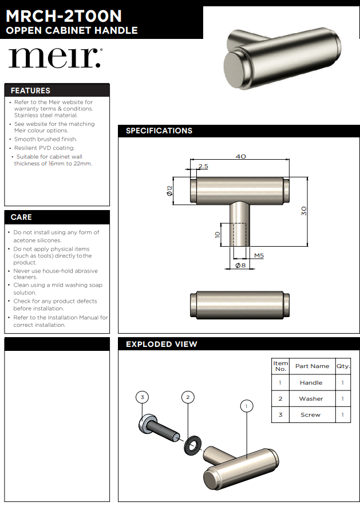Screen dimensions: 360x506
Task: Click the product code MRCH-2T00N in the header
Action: (x=64, y=16)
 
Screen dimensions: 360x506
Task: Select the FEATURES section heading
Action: (x=30, y=90)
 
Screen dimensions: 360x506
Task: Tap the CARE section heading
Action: (x=21, y=217)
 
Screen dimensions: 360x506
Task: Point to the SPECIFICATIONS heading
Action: (x=159, y=131)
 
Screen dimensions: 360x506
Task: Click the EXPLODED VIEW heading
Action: (x=161, y=344)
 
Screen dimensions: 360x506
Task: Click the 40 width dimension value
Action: (x=240, y=156)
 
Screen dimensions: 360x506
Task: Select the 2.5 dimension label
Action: (x=203, y=167)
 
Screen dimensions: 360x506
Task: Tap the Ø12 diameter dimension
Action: (x=169, y=191)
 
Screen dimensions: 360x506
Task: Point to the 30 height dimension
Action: (x=303, y=211)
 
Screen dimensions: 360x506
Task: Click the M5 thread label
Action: (x=259, y=256)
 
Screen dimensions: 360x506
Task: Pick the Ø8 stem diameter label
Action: (x=240, y=265)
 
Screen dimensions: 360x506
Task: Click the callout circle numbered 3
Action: (x=143, y=397)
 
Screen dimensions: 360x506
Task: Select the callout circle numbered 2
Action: (x=188, y=397)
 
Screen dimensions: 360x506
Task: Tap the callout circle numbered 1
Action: (x=247, y=406)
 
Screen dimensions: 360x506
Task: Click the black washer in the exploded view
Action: (x=192, y=445)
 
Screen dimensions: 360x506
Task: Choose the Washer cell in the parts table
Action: (x=311, y=398)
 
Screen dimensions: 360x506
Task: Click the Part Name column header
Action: (x=312, y=366)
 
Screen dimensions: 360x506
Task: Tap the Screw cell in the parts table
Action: (x=311, y=414)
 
